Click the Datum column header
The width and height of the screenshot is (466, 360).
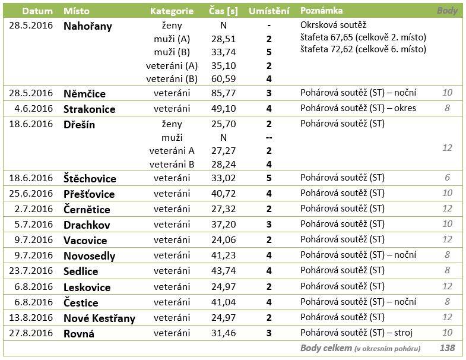pos(37,11)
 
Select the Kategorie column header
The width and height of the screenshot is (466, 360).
pos(172,11)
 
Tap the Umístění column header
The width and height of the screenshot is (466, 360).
pos(269,11)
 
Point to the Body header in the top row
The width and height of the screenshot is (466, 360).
pos(447,11)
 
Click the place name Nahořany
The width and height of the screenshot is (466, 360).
pos(88,26)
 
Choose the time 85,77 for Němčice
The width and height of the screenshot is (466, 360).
pos(223,93)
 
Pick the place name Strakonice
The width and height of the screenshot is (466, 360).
pos(90,109)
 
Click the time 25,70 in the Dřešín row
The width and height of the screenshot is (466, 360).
pos(223,124)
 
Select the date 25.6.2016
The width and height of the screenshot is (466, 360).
pos(31,194)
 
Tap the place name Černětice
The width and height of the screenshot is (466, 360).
pos(87,209)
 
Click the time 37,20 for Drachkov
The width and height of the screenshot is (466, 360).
pos(223,225)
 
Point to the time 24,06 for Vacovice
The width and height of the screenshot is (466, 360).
pos(223,240)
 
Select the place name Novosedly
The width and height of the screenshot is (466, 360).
pos(89,256)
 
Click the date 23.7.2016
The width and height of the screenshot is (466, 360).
pos(31,271)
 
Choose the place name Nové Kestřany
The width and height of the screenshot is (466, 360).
pos(99,318)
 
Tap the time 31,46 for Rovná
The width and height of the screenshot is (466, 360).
pos(223,333)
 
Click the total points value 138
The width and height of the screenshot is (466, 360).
pos(447,348)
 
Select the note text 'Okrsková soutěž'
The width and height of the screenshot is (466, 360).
pos(333,25)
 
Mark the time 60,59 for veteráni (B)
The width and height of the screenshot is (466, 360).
pos(223,79)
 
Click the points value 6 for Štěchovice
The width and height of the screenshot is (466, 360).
pos(447,178)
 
